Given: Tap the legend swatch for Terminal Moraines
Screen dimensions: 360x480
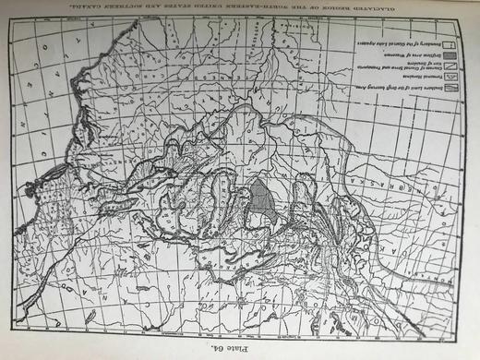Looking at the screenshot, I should tap(453, 78).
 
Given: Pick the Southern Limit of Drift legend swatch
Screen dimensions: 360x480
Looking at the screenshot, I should tap(453, 90).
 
